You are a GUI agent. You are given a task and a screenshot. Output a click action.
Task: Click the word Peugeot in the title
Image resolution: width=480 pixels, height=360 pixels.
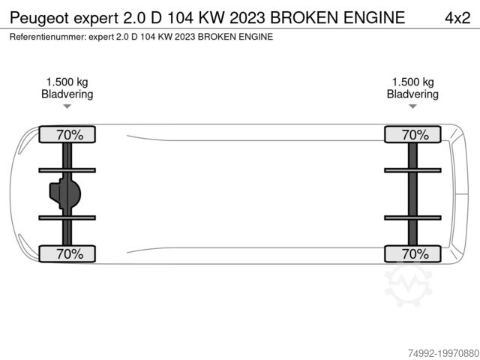[x=40, y=18]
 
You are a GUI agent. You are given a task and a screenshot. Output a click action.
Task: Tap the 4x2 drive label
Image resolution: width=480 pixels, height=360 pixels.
[x=457, y=18]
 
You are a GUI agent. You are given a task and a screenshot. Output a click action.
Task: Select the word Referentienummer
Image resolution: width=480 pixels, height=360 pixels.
[x=47, y=37]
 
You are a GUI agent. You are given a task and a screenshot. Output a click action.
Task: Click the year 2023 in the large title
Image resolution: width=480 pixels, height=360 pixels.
[x=247, y=17]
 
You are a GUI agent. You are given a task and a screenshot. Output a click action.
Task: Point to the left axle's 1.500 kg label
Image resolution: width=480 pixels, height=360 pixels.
[x=67, y=82]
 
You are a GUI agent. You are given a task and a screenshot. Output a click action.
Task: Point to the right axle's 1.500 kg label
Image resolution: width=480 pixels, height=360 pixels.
[x=413, y=82]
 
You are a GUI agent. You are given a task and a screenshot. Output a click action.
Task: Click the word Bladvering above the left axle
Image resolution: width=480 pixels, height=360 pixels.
[x=67, y=94]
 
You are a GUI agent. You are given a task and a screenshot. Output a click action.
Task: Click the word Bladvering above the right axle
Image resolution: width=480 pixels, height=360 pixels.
[x=412, y=94]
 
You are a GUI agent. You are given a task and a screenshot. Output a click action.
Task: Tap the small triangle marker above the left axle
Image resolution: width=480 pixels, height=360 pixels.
[x=67, y=106]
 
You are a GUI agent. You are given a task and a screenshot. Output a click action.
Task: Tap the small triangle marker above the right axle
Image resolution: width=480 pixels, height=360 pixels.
[x=412, y=106]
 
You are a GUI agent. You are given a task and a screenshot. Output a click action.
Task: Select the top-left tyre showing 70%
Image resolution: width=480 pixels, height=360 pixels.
[x=67, y=134]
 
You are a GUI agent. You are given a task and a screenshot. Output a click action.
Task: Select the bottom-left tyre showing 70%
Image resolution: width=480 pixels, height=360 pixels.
[x=67, y=253]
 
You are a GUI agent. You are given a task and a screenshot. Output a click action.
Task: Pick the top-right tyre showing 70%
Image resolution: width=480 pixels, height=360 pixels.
[x=412, y=134]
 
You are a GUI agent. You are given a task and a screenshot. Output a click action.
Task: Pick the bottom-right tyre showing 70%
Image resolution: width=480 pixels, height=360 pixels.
[x=412, y=253]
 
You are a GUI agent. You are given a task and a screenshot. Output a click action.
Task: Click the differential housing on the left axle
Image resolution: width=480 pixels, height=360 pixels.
[x=65, y=194]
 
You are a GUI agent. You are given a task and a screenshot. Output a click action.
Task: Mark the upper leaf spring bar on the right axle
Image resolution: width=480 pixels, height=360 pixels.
[x=412, y=170]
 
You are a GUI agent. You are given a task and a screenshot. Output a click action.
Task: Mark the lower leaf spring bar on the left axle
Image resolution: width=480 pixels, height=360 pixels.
[x=67, y=217]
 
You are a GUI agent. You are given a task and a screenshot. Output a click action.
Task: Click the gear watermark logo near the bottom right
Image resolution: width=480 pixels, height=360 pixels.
[x=408, y=285]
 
